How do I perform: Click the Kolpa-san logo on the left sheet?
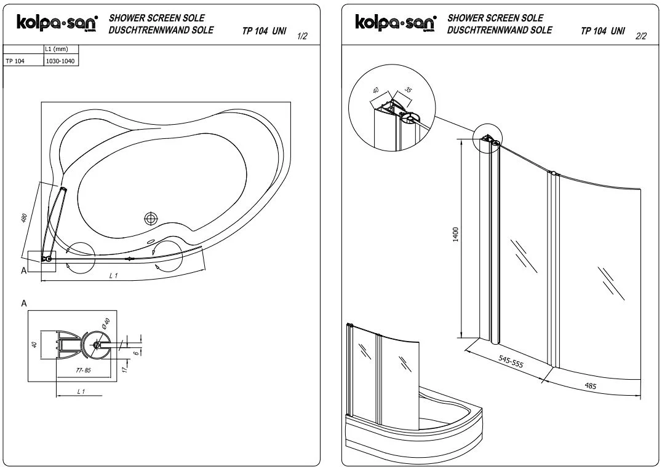coord(57,23)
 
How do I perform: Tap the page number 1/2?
coord(302,37)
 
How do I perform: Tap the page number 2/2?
coord(640,36)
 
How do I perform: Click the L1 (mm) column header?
coord(56,49)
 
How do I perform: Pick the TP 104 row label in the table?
coord(15,61)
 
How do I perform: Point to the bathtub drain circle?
coord(151,218)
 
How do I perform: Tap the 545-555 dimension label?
coord(511,363)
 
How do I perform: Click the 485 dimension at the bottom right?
coord(590,387)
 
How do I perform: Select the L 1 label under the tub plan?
coord(113,276)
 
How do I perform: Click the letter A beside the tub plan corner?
coord(24,270)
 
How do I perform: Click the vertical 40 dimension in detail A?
coord(34,345)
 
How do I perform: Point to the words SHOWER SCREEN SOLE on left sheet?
coord(157,18)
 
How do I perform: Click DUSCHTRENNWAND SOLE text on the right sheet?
coord(500,29)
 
